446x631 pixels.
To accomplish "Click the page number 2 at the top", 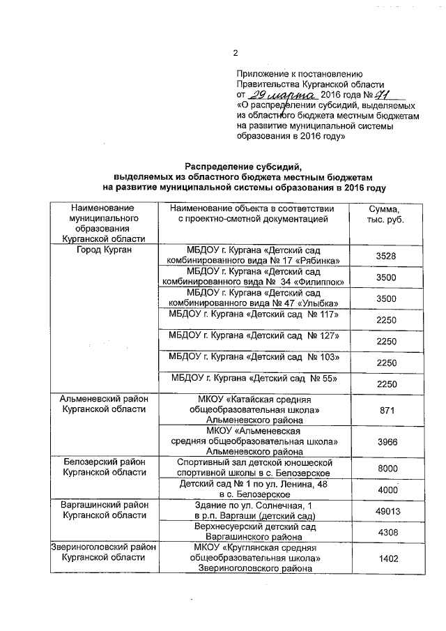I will pyautogui.click(x=235, y=53).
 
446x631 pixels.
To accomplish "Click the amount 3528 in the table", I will pyautogui.click(x=385, y=257).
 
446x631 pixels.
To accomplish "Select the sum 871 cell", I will pyautogui.click(x=385, y=411).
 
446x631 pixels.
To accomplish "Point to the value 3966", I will pyautogui.click(x=385, y=442).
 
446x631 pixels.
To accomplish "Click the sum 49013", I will pyautogui.click(x=385, y=510).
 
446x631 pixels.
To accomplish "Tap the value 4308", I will pyautogui.click(x=385, y=533).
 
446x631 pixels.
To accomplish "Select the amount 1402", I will pyautogui.click(x=385, y=559).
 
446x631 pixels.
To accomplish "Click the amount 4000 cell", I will pyautogui.click(x=385, y=489).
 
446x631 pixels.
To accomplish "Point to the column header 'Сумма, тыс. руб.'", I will pyautogui.click(x=385, y=214).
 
